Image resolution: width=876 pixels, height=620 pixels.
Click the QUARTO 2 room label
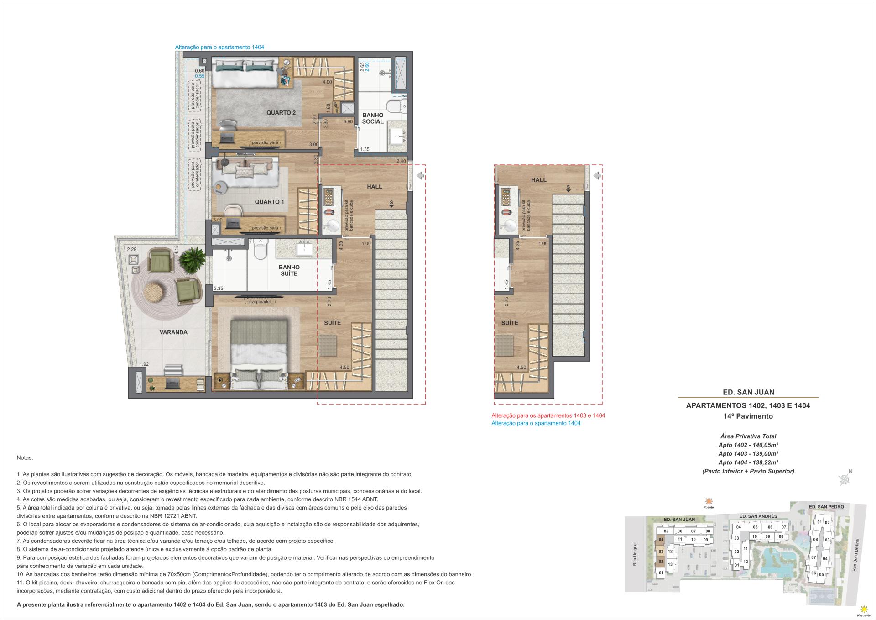(281, 113)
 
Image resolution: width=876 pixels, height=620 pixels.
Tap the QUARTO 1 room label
(269, 202)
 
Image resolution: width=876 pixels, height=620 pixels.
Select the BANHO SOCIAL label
(373, 118)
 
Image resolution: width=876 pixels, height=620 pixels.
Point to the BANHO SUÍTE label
(289, 270)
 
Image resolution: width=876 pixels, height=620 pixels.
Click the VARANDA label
(173, 332)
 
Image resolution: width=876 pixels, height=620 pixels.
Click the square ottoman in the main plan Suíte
(328, 345)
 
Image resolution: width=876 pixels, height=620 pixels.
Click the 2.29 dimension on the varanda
(132, 250)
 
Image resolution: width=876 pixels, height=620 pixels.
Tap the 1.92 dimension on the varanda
(144, 364)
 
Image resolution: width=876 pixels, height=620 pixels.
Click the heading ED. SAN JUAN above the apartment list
(748, 392)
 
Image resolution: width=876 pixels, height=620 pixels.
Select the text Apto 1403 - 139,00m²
(748, 453)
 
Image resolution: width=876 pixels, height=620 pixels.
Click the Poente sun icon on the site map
(708, 501)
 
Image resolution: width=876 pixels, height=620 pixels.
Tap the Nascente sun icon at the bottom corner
(863, 609)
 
